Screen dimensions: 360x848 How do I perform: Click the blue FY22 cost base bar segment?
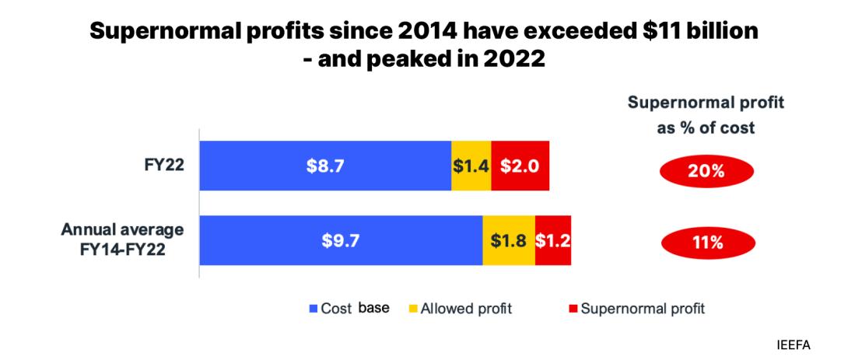coord(325,166)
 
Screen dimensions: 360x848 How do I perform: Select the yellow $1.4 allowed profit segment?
coord(471,166)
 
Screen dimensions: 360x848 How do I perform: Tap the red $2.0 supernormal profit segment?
coord(520,166)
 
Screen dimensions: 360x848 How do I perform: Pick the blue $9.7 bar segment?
coord(341,240)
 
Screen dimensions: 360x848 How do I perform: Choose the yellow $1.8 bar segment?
coord(509,240)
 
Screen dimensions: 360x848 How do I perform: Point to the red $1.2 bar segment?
coord(553,240)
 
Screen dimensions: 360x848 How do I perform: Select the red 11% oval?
coord(706,243)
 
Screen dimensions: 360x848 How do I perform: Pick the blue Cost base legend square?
coord(314,309)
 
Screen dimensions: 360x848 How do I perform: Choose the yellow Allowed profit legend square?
coord(413,309)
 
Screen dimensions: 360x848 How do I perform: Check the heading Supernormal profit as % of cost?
coord(706,115)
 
